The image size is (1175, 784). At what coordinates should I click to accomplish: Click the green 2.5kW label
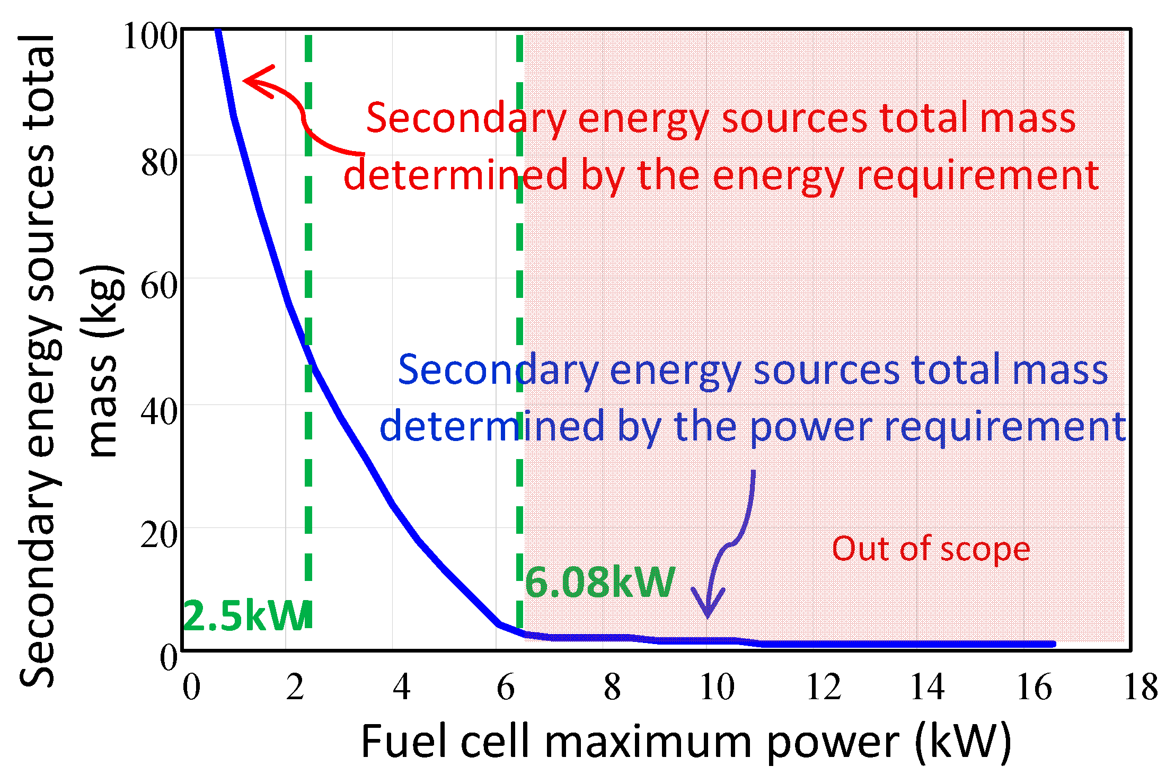[x=247, y=616]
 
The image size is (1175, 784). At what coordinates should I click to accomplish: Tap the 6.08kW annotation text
[x=599, y=582]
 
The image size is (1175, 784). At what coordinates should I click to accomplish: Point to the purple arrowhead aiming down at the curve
[x=708, y=607]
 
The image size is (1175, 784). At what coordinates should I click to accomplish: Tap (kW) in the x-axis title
[x=963, y=742]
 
